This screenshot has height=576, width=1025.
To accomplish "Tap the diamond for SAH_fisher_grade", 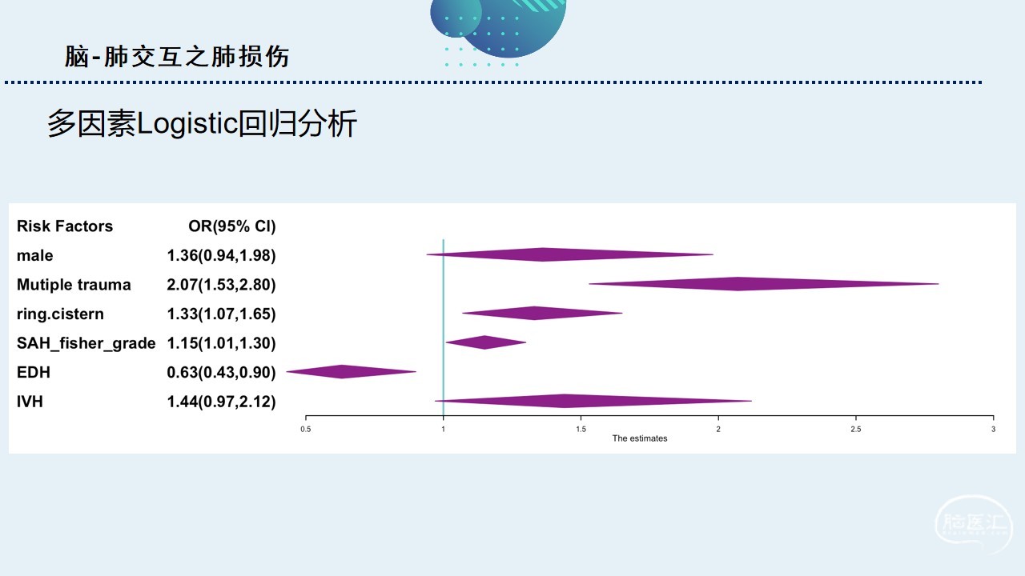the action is [x=486, y=342].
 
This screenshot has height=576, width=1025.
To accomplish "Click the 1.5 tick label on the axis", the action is [x=581, y=430].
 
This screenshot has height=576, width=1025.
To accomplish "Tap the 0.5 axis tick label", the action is [x=306, y=430].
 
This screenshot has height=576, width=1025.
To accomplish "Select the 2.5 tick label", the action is [x=856, y=430].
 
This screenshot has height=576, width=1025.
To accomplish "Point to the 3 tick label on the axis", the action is [x=994, y=430].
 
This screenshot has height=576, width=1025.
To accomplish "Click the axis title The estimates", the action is [x=640, y=438].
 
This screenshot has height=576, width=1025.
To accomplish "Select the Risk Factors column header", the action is [x=65, y=226].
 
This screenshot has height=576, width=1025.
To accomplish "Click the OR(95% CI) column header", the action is [x=232, y=226].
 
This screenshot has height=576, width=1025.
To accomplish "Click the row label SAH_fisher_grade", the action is [x=86, y=343].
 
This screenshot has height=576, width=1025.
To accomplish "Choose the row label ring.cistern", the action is [x=60, y=314].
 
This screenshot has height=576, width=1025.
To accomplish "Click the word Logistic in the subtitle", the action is [x=187, y=123].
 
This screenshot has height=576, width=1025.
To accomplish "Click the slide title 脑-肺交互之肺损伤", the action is [x=177, y=57].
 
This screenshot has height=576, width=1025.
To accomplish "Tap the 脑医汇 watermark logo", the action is [x=974, y=525].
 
